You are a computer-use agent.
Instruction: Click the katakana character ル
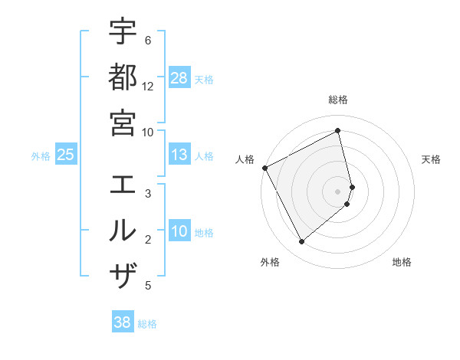point(123,230)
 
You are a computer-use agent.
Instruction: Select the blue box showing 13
point(179,155)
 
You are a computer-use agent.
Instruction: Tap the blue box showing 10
point(179,231)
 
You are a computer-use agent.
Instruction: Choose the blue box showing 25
point(66,155)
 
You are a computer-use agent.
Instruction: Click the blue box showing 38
point(123,322)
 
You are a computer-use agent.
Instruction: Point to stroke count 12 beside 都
point(148,86)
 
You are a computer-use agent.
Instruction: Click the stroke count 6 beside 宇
point(148,40)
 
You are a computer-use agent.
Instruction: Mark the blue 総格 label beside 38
point(147,324)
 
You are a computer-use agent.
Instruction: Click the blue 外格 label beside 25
point(41,156)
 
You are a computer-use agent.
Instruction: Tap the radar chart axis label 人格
point(245,159)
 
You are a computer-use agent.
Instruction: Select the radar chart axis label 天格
point(432,159)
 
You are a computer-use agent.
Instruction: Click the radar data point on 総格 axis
point(338,131)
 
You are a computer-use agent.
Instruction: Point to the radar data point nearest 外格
point(301,242)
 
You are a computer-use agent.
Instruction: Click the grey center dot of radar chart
point(338,191)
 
